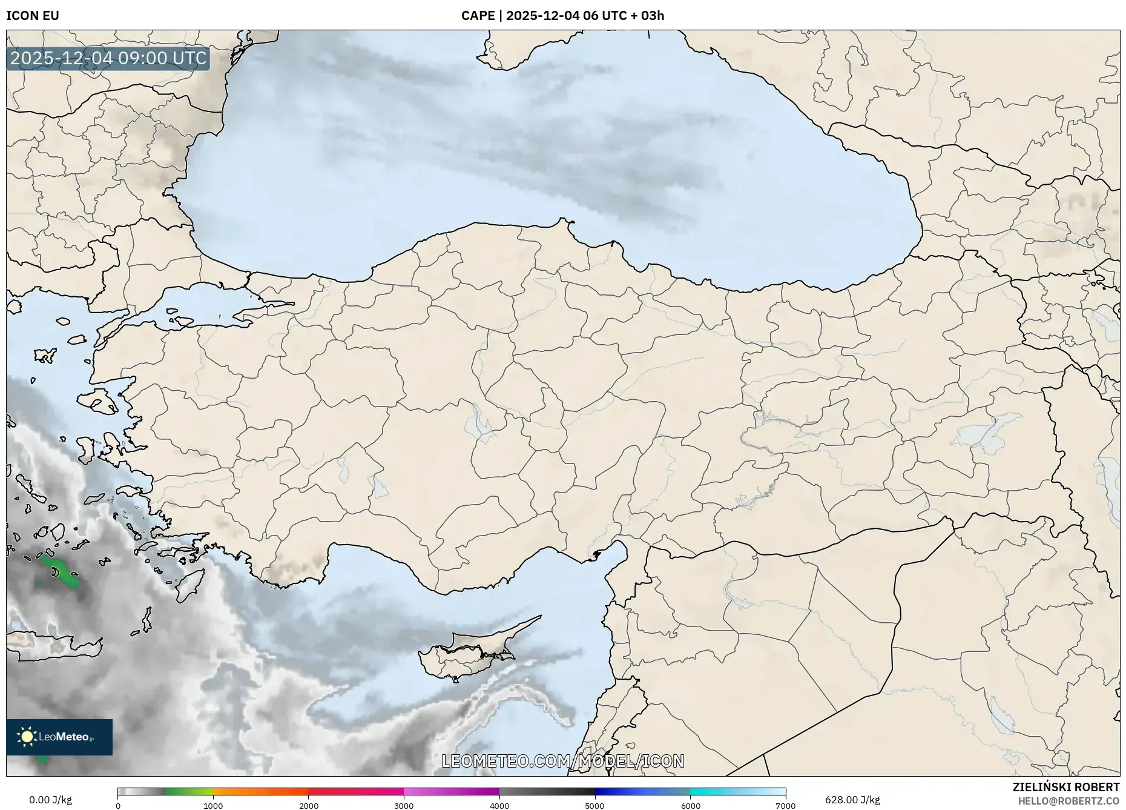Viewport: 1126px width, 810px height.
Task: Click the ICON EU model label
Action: [33, 16]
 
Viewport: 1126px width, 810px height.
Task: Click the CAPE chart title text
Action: [562, 16]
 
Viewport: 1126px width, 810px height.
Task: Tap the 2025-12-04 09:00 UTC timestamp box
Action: [108, 58]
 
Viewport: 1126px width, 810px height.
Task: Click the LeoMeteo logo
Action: [59, 737]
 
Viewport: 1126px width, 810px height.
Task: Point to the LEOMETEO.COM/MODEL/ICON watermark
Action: [563, 761]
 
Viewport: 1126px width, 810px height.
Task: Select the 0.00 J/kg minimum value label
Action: [50, 800]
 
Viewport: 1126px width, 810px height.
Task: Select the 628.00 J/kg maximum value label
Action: [852, 800]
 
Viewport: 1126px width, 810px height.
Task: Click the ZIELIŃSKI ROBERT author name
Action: [1066, 787]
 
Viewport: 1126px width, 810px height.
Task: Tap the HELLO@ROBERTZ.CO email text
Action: [1068, 801]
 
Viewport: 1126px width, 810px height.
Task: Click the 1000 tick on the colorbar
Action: [213, 806]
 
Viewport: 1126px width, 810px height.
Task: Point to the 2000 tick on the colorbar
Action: [309, 806]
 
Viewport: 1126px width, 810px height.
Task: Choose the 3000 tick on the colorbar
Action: [404, 806]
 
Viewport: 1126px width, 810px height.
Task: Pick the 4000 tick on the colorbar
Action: [499, 806]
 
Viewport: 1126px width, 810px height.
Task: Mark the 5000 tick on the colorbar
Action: [594, 806]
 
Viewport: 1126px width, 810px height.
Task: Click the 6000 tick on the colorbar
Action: [690, 806]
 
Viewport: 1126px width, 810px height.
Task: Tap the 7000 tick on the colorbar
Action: [785, 806]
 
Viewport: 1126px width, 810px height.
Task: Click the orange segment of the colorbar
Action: [260, 792]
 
